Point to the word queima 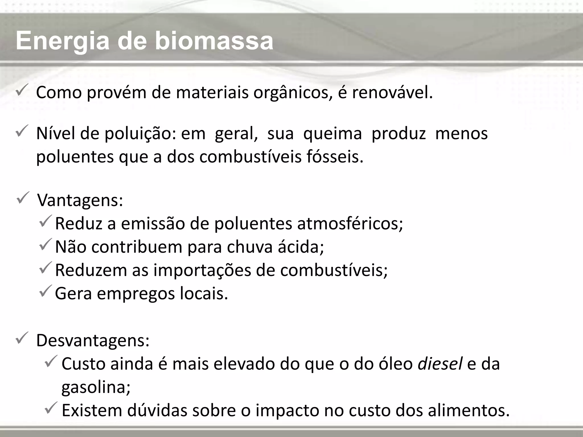coord(332,134)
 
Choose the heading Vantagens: coord(80,200)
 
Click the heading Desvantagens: coord(93,340)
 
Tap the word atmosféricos coord(350,224)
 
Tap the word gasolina coord(96,387)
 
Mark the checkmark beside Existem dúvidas coord(52,409)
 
